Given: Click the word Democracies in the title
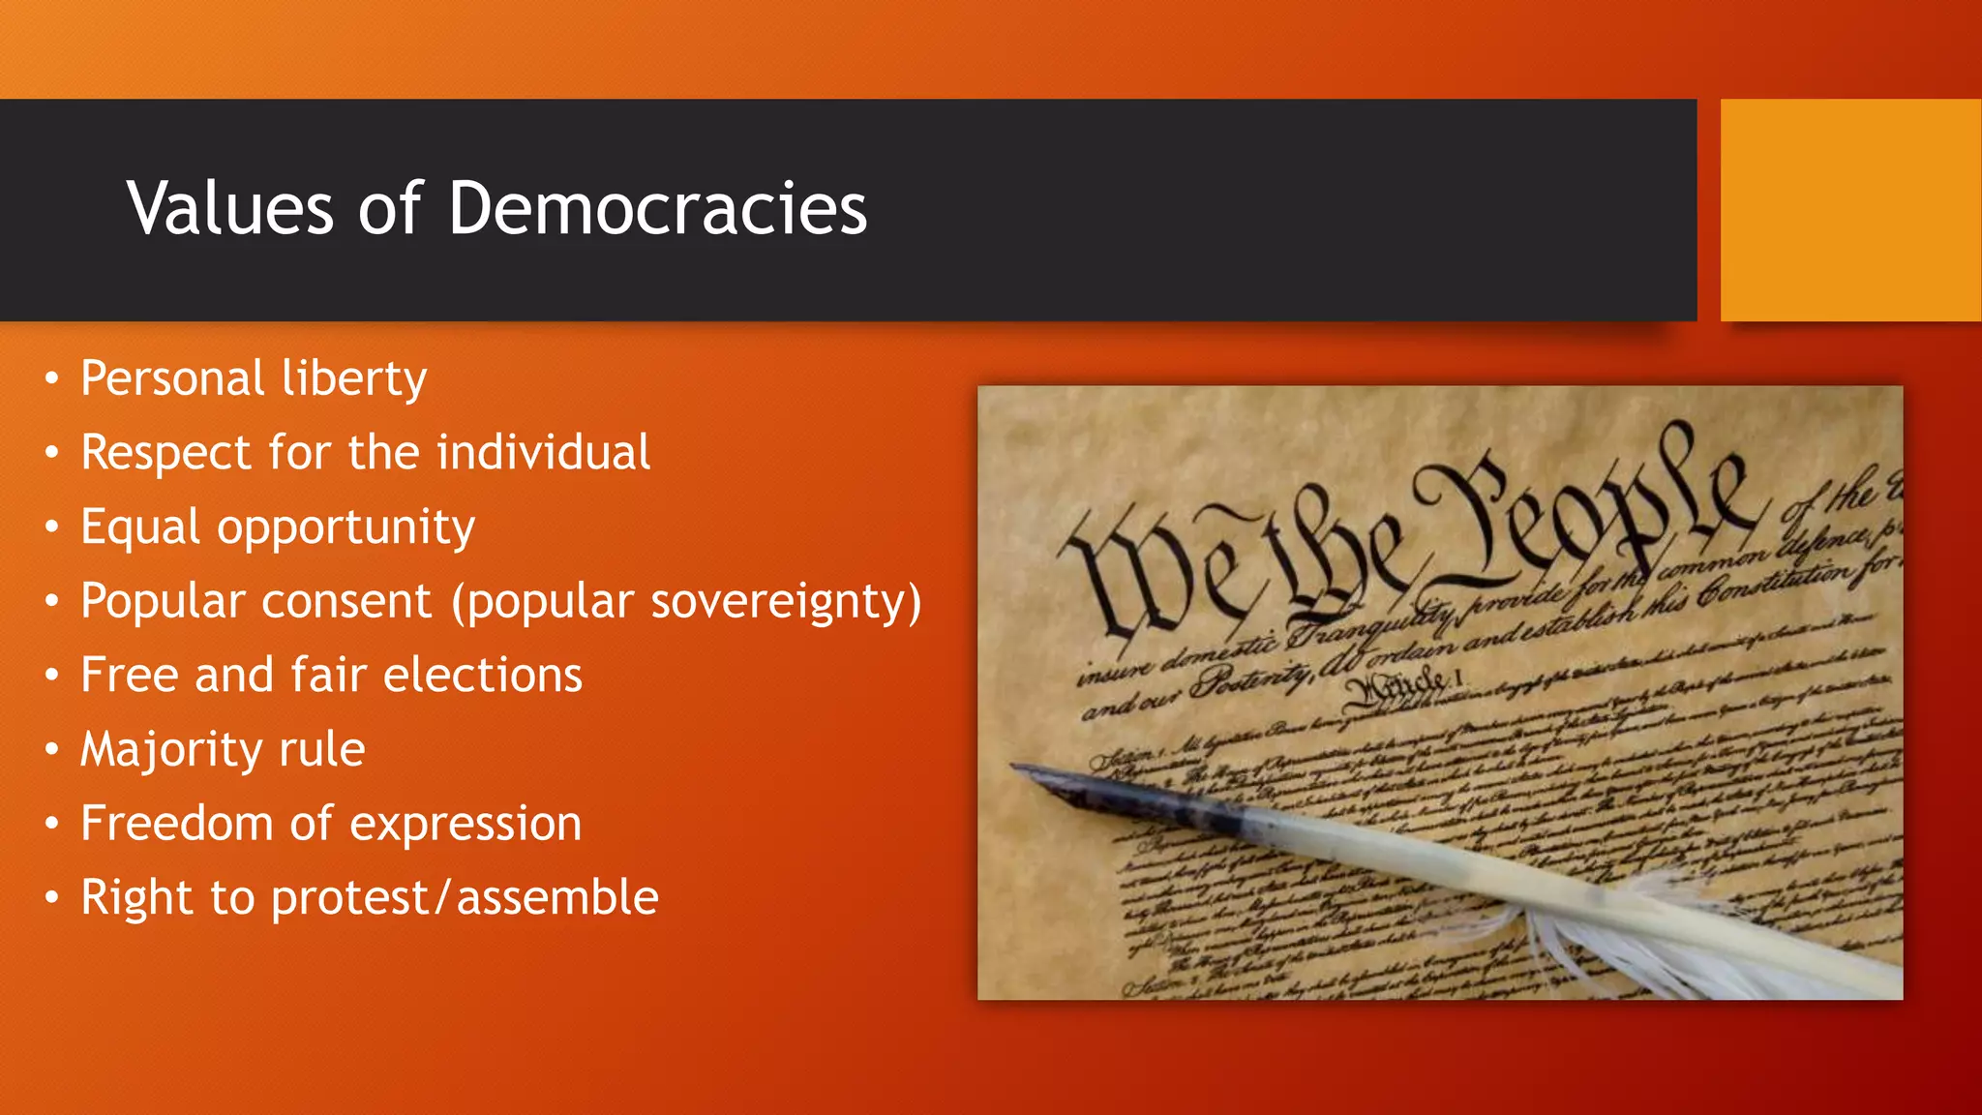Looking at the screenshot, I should [x=657, y=208].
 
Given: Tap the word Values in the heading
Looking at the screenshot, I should [x=230, y=208].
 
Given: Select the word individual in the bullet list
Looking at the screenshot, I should [x=543, y=452].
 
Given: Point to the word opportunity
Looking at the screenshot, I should [x=345, y=528].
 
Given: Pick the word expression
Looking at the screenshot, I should [x=465, y=825].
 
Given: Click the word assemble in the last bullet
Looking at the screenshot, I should [x=557, y=897].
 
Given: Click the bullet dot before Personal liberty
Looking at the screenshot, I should [x=52, y=377].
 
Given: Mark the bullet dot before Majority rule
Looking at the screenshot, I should [x=52, y=749].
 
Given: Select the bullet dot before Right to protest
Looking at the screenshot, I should [x=52, y=897].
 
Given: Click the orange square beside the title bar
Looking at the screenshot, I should [x=1850, y=210].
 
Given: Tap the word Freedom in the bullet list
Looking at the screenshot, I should [x=176, y=824].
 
